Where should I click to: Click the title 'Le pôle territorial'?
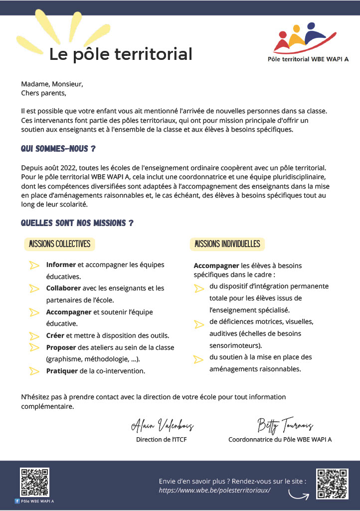pos(120,54)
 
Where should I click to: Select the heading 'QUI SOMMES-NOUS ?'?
pos(58,149)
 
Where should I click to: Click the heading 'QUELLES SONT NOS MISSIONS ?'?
pos(77,223)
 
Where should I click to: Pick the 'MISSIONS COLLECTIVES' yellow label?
pos(60,244)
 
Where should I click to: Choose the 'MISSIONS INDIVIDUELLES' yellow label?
pos(227,244)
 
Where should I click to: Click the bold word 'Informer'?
pos(61,264)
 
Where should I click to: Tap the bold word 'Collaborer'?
pos(64,288)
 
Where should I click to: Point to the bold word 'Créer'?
pos(55,335)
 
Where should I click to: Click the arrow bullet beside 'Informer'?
pos(34,265)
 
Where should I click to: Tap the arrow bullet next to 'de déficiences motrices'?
pos(198,323)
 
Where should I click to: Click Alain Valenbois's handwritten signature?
pos(162,425)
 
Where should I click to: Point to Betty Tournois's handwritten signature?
pos(285,425)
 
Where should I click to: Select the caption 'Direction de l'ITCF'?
pos(162,440)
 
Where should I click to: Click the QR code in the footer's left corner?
pos(34,482)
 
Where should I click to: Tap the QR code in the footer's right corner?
pos(332,484)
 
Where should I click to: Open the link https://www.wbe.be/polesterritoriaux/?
pos(214,491)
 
